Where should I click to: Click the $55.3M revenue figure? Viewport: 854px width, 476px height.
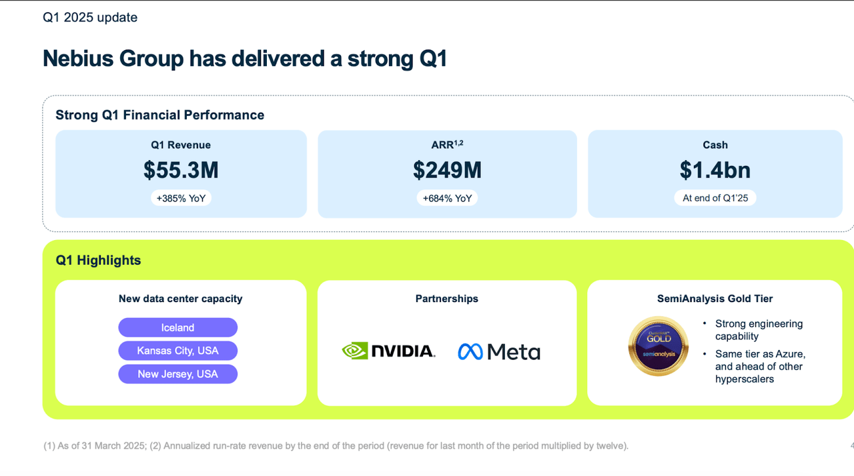point(181,170)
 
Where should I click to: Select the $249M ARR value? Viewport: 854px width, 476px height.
point(447,170)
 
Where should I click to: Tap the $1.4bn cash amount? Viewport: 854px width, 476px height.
point(715,170)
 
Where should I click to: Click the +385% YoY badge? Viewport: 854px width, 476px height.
point(181,198)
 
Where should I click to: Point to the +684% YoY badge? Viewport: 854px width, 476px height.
point(447,198)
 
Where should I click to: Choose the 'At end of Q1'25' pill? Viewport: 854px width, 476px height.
point(715,198)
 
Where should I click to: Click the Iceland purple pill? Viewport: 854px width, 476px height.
point(177,327)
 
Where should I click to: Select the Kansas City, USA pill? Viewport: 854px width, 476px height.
point(177,351)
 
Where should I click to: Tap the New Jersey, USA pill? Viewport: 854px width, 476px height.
point(177,374)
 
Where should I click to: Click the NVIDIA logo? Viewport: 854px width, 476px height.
point(388,351)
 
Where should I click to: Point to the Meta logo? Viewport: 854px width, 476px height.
point(499,351)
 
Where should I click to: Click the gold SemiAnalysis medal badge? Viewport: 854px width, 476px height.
point(658,346)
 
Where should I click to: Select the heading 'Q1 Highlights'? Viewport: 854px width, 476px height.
point(98,260)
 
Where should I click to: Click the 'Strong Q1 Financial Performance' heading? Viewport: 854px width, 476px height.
point(159,115)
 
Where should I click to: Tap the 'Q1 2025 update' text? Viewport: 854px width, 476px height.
point(90,18)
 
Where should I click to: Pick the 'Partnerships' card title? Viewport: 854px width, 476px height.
point(446,299)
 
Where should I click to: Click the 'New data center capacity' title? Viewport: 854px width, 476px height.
point(180,299)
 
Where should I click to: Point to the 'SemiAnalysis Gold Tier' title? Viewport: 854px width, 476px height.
point(715,299)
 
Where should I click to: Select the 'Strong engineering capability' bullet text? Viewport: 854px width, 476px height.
point(759,330)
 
